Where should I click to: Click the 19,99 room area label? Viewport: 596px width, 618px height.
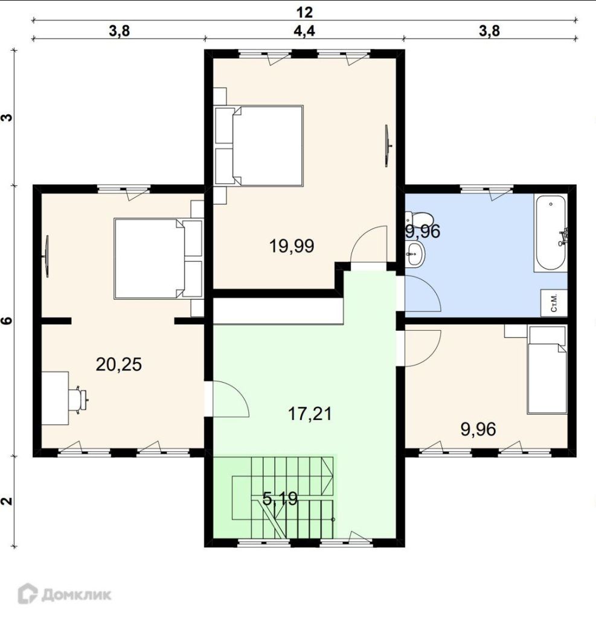[x=292, y=246]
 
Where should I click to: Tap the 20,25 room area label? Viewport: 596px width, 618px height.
[x=119, y=365]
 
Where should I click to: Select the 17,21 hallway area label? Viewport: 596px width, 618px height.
[x=310, y=414]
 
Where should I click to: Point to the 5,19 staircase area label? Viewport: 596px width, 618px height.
[x=280, y=499]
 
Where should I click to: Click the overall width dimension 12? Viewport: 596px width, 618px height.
[x=304, y=12]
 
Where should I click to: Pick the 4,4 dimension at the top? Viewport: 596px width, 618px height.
[x=304, y=31]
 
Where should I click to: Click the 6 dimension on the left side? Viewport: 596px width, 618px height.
[x=7, y=320]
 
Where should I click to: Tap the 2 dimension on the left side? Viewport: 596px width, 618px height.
[x=7, y=502]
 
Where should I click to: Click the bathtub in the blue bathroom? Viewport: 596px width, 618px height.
[x=551, y=233]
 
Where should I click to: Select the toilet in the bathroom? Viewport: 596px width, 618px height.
[x=419, y=218]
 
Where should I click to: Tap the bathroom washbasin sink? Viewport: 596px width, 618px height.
[x=415, y=254]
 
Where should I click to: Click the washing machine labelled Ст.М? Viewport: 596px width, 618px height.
[x=554, y=303]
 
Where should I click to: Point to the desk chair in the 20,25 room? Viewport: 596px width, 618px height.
[x=79, y=400]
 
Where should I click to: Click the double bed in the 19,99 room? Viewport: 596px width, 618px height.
[x=259, y=145]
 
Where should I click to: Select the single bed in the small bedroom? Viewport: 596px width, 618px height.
[x=546, y=370]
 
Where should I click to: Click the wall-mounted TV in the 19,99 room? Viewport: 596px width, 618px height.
[x=388, y=146]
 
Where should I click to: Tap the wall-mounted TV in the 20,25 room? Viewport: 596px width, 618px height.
[x=46, y=256]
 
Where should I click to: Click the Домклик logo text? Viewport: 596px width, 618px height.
[x=77, y=594]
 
